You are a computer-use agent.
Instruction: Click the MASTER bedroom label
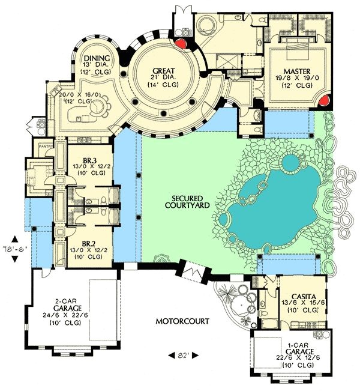297,71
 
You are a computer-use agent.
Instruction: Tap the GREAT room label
164,71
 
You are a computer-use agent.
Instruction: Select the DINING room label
97,58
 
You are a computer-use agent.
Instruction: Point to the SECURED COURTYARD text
187,202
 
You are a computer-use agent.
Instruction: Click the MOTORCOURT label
182,321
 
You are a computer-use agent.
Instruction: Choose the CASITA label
304,297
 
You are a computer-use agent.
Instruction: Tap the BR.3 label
89,160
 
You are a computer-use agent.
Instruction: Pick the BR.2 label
89,244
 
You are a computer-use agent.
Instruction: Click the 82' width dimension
184,356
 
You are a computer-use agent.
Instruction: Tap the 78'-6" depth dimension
14,249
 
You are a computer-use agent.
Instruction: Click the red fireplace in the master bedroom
325,101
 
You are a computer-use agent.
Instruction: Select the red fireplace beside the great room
180,44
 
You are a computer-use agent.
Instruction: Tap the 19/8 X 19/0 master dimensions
297,78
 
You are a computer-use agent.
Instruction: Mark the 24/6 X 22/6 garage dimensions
65,315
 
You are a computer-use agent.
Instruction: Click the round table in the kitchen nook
97,107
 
